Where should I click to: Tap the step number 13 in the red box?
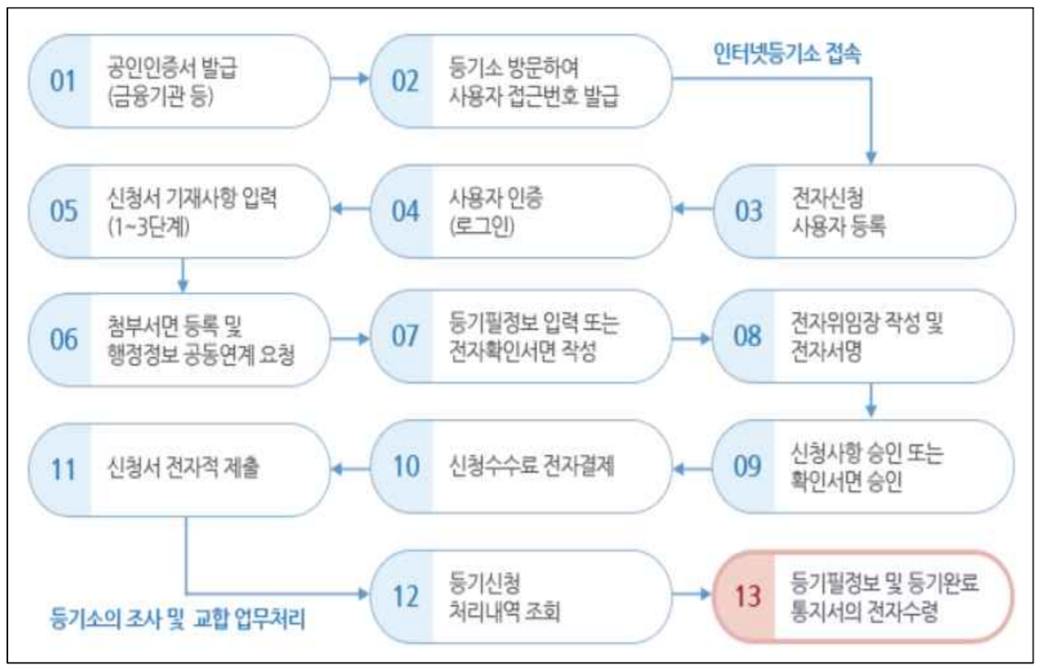[x=748, y=596]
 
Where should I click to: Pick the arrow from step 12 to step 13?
[x=693, y=595]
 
